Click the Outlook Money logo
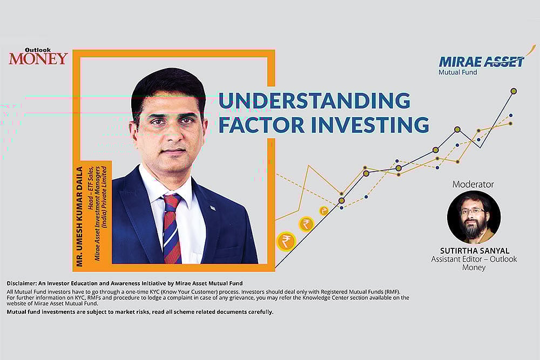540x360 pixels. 38,56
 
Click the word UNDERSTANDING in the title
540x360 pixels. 314,101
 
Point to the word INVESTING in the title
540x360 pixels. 370,124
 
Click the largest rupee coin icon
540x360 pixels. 286,241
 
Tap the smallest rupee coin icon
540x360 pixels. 323,211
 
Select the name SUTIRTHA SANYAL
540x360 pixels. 474,250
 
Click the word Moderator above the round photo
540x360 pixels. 473,184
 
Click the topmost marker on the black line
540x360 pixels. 514,91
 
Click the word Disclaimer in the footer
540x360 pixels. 23,283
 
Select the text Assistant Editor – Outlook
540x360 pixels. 474,259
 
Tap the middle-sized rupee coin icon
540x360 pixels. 306,223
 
